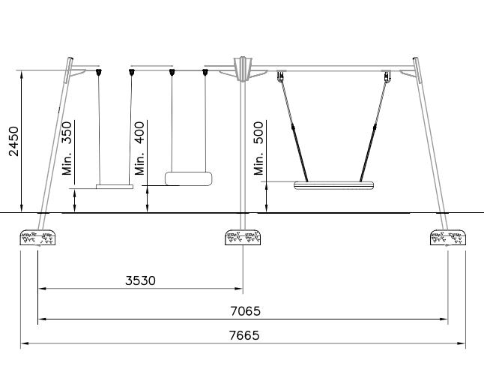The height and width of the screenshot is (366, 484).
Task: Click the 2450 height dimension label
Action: point(14,141)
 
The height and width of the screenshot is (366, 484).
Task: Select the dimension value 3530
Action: point(140,280)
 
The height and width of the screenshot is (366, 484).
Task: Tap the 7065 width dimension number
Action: point(246,311)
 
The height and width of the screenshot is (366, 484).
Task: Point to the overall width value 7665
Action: point(244,335)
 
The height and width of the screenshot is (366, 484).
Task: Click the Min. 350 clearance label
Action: point(67,148)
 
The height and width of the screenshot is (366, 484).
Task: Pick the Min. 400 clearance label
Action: point(140,148)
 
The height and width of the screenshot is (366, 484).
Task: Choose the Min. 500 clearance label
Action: point(259,148)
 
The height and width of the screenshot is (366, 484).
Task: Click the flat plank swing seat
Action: point(115,187)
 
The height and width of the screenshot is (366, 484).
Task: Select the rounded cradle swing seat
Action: point(189,178)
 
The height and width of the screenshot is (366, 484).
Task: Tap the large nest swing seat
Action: point(333,185)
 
